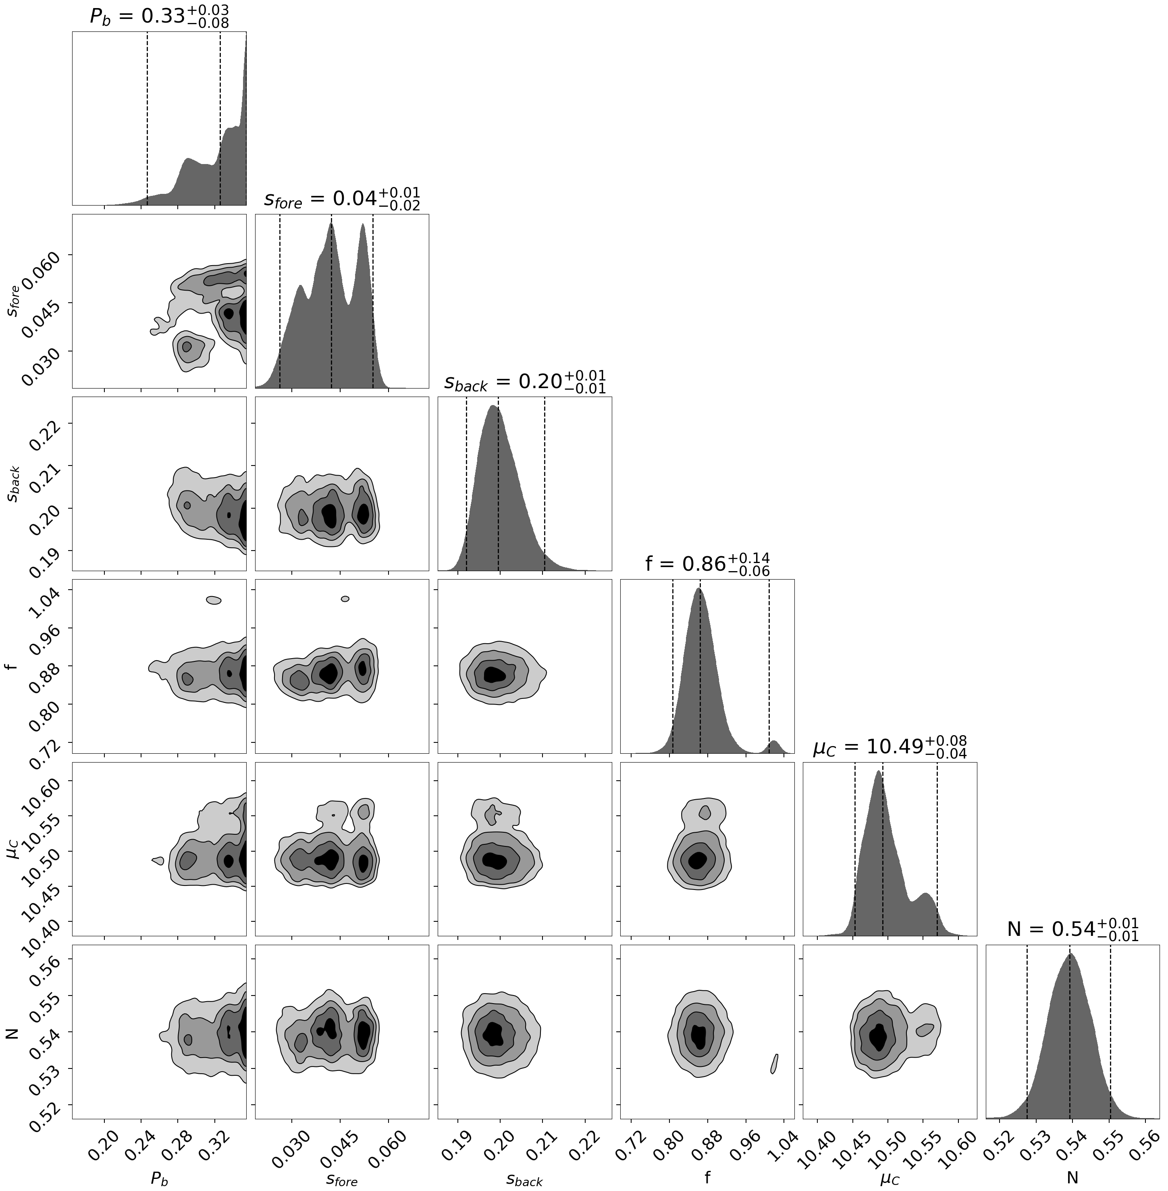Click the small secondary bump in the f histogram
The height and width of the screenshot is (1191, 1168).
773,746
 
